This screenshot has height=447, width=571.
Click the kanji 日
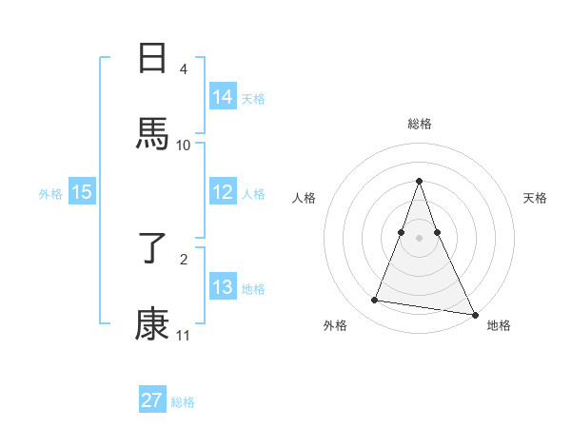pyautogui.click(x=153, y=59)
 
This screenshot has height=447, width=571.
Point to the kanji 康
pyautogui.click(x=153, y=323)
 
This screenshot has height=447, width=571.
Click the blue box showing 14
pyautogui.click(x=223, y=96)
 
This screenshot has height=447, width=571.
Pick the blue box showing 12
pyautogui.click(x=223, y=192)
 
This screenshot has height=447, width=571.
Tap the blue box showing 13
pyautogui.click(x=223, y=287)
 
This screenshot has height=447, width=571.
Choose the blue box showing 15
pyautogui.click(x=82, y=192)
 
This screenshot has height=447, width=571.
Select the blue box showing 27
pyautogui.click(x=152, y=400)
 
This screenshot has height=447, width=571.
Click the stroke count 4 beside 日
pyautogui.click(x=184, y=68)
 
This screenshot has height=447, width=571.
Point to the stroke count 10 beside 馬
pyautogui.click(x=184, y=145)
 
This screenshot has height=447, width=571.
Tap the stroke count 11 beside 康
pyautogui.click(x=184, y=335)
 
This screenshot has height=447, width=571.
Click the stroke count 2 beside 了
pyautogui.click(x=184, y=258)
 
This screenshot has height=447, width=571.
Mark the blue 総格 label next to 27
pyautogui.click(x=183, y=402)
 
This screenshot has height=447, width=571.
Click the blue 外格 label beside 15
pyautogui.click(x=50, y=193)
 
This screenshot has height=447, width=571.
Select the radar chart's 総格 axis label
pyautogui.click(x=420, y=124)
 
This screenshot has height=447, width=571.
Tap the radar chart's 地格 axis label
pyautogui.click(x=499, y=325)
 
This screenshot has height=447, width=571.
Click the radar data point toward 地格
pyautogui.click(x=474, y=314)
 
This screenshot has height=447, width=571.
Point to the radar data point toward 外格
pyautogui.click(x=374, y=301)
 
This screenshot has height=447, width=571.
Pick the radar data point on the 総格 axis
pyautogui.click(x=420, y=181)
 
